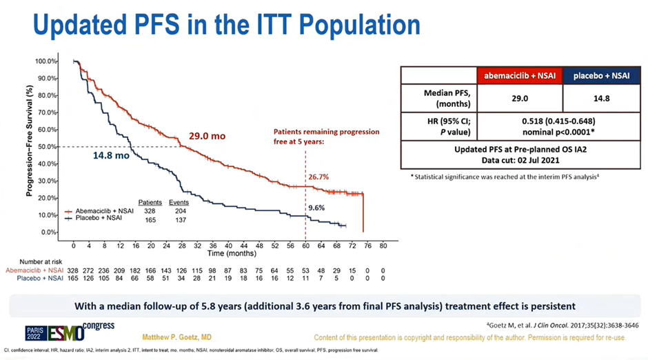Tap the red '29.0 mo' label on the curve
[x=207, y=137]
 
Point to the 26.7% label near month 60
[x=318, y=177]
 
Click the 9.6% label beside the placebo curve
[x=316, y=207]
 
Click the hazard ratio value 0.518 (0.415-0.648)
[x=558, y=122]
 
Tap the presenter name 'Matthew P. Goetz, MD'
[x=177, y=337]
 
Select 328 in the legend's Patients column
[x=147, y=210]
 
